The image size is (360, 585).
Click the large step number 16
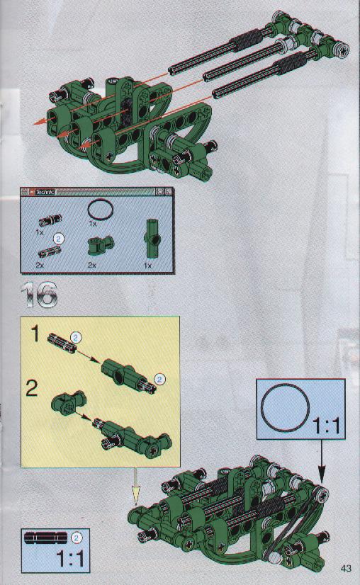coord(40,295)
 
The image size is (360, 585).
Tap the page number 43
coord(346,568)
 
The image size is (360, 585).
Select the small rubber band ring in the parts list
coord(100,210)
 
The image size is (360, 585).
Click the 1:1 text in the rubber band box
coord(326,426)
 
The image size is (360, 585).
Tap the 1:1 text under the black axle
coord(70,558)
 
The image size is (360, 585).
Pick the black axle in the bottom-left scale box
coord(46,538)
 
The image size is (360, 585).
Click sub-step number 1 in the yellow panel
coord(35,334)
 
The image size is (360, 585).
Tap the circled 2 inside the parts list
coord(59,239)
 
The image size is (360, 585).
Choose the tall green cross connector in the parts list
coord(151,239)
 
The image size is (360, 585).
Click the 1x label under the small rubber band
coord(92,224)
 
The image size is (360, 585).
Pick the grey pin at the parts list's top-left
coord(50,220)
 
